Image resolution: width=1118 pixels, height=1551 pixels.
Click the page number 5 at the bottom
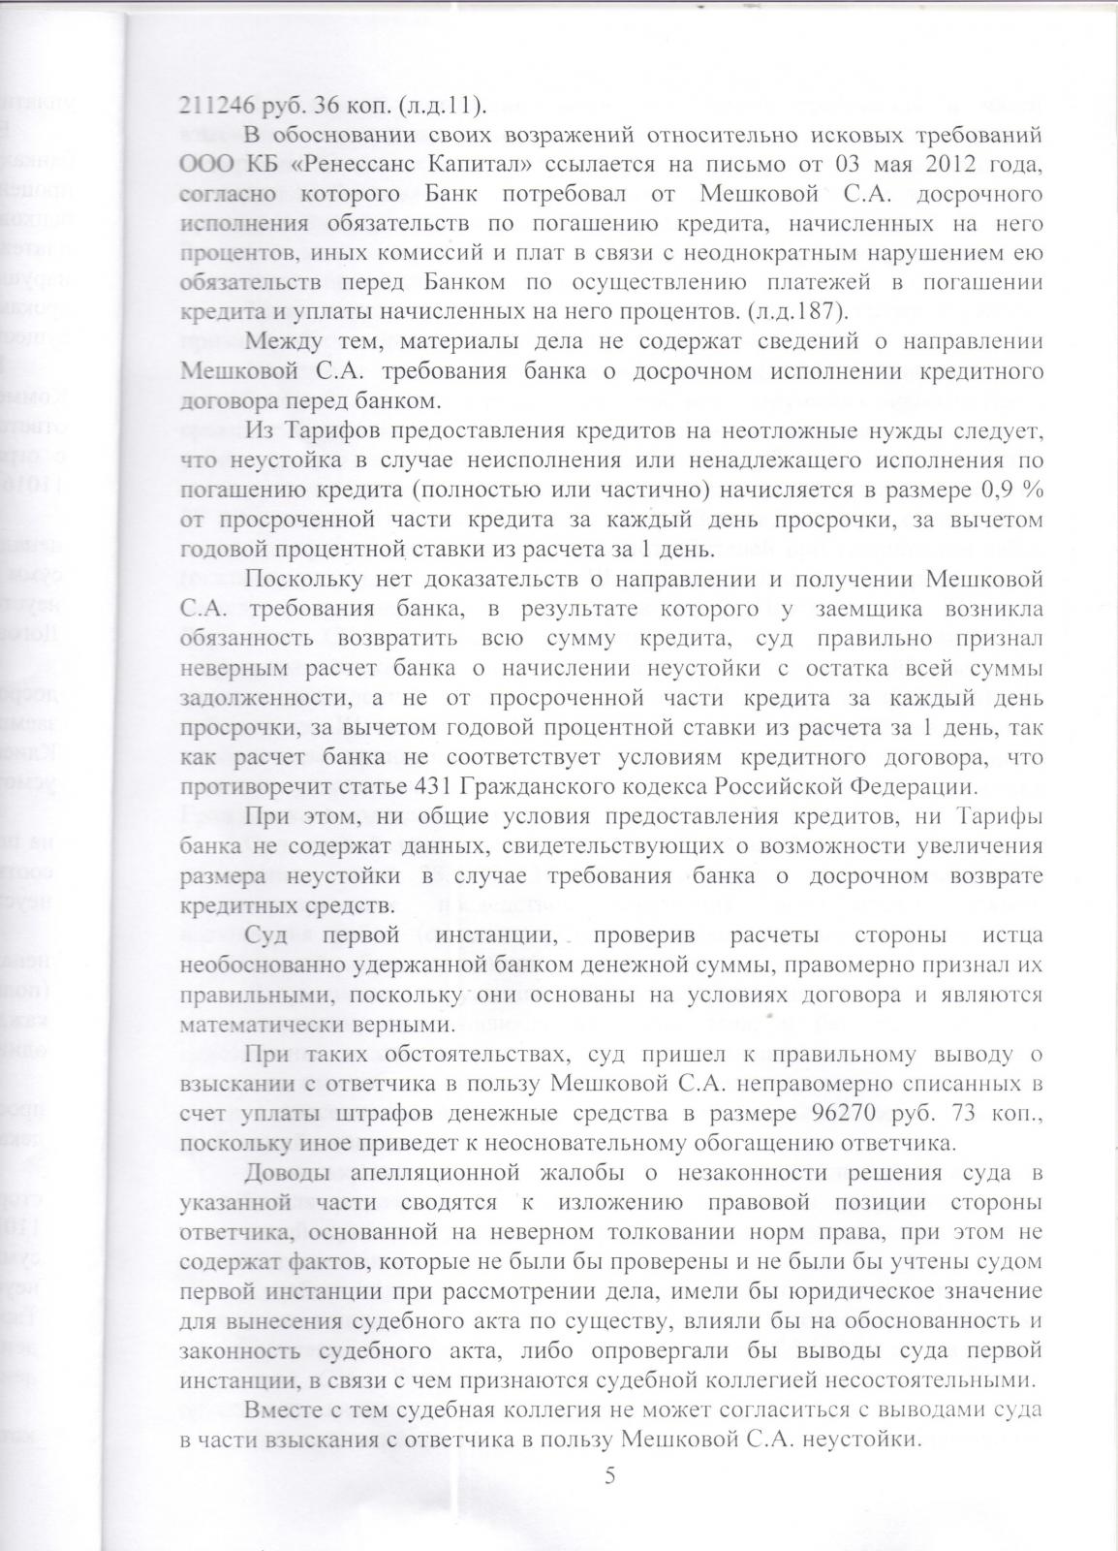point(609,1474)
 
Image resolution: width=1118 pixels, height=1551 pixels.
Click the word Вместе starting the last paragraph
point(284,1410)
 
